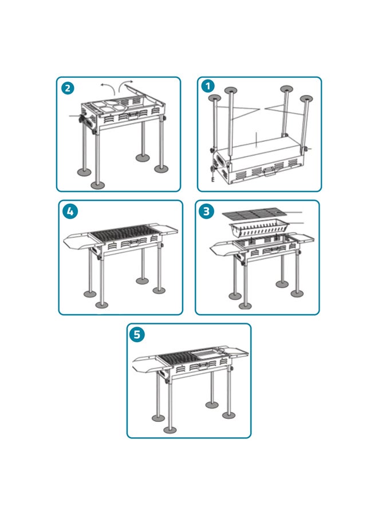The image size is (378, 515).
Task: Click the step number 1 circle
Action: click(208, 86)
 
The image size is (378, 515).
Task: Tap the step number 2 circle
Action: click(68, 88)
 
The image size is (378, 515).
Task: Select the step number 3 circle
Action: click(206, 211)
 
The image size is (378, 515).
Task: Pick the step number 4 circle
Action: click(70, 211)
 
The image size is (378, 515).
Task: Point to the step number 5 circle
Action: click(137, 335)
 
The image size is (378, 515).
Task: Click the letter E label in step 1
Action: click(212, 179)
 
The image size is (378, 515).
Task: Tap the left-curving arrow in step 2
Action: click(108, 88)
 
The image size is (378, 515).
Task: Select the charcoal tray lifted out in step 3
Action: click(259, 228)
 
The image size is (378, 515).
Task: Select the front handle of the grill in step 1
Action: click(268, 171)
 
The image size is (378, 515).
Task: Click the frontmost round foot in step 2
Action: click(97, 185)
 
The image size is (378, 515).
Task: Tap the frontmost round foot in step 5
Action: click(170, 430)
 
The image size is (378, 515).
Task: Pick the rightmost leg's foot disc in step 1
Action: click(306, 98)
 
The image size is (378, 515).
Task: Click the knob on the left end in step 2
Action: click(81, 118)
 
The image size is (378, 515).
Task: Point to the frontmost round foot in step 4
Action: click(101, 305)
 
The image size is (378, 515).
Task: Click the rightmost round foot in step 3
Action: click(297, 293)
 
